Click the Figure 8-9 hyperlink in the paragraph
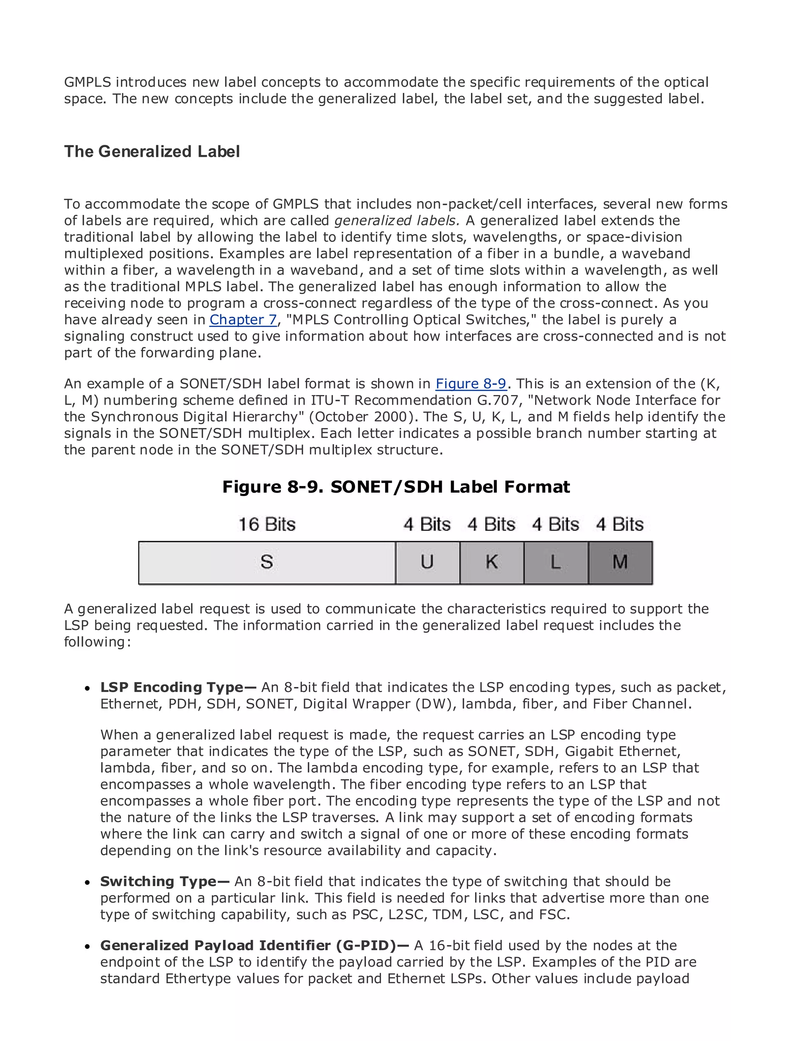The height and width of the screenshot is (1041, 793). (470, 383)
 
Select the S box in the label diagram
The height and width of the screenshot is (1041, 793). (267, 562)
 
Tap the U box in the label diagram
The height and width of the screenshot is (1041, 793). (427, 562)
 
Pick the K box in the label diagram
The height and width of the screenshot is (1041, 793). (491, 562)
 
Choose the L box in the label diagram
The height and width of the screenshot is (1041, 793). (556, 562)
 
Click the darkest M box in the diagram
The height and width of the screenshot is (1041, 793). (620, 562)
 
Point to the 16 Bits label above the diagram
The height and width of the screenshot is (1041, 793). (267, 524)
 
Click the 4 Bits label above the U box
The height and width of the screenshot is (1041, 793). (427, 524)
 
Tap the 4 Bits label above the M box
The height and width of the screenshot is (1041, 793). (620, 524)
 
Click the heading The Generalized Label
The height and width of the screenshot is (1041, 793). (152, 151)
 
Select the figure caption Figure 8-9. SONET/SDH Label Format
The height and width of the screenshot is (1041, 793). (396, 487)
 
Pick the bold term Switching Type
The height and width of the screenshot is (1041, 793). (164, 881)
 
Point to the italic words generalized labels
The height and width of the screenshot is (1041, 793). (396, 220)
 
